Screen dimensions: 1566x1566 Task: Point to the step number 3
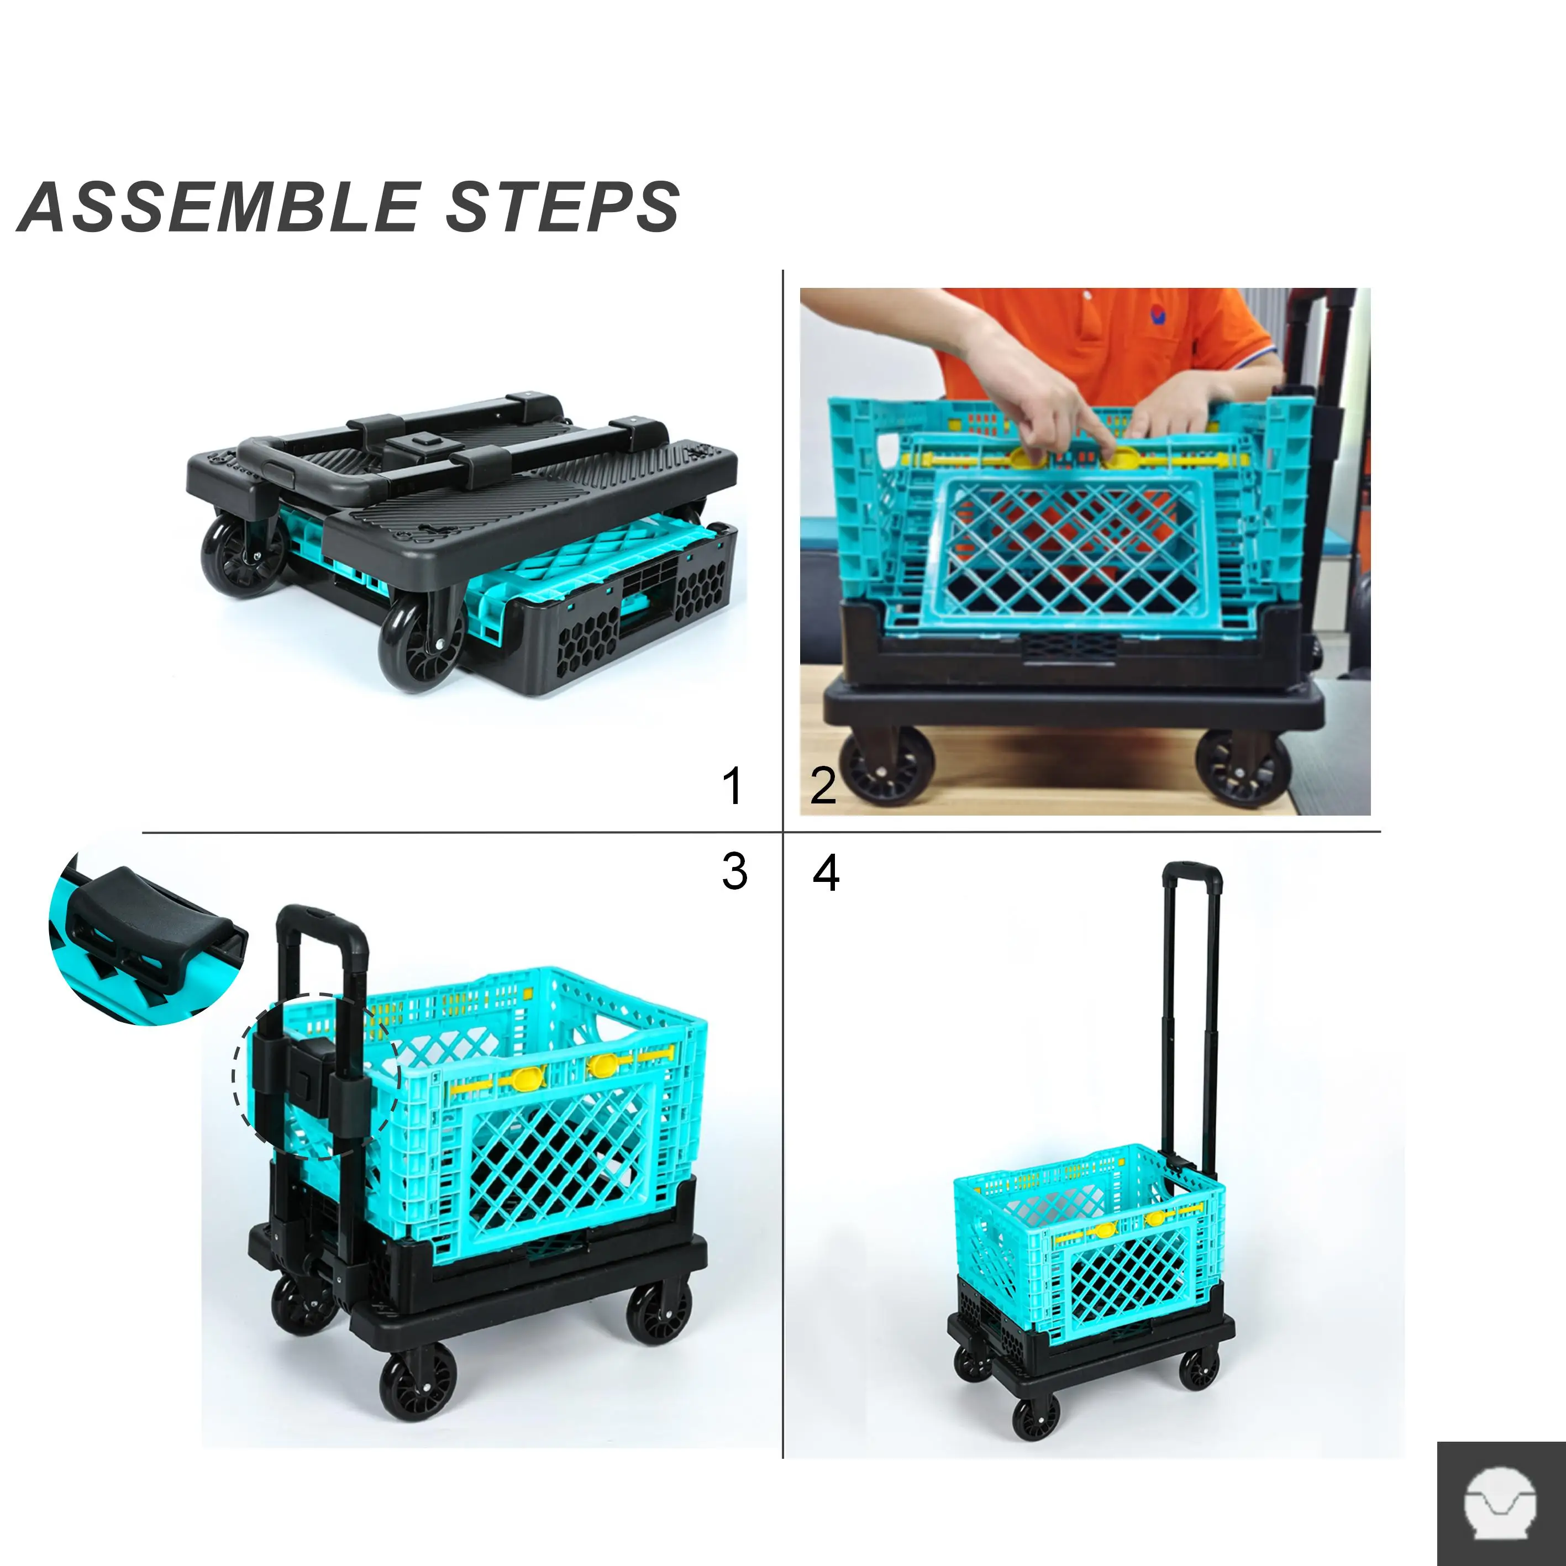pos(734,872)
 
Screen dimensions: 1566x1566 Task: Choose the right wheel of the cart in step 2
pos(1242,768)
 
